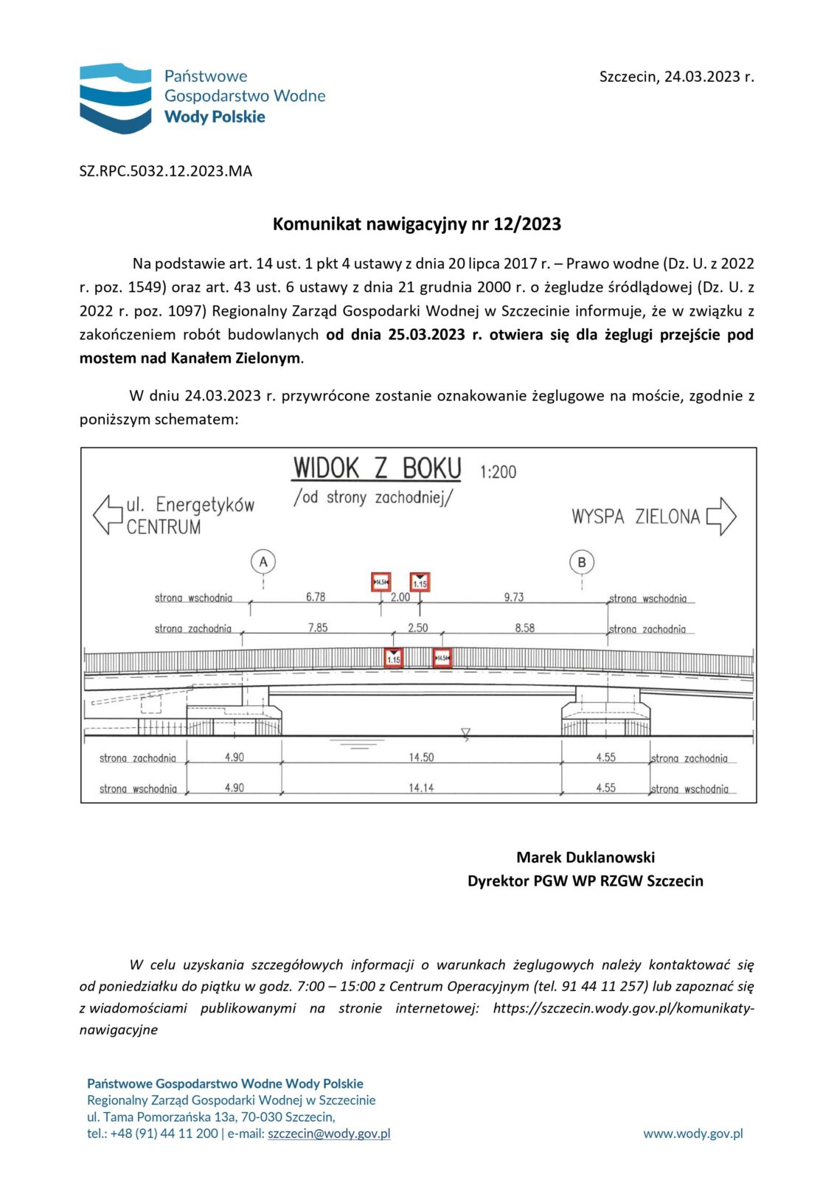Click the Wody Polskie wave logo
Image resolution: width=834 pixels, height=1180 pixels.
point(115,98)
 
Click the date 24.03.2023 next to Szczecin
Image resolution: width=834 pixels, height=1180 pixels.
point(701,77)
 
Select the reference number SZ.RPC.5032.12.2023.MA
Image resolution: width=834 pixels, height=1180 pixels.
point(166,171)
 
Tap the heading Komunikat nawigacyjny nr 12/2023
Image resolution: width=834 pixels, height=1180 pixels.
point(417,224)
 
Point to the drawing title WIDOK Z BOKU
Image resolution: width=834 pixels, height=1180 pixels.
point(377,469)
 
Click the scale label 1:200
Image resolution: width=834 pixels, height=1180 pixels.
point(498,472)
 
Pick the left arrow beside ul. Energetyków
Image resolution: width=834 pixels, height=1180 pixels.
point(108,514)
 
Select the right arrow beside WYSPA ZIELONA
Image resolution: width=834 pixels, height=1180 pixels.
point(721,516)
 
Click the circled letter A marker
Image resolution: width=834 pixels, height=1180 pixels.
point(263,562)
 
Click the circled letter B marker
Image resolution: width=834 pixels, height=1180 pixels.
point(582,563)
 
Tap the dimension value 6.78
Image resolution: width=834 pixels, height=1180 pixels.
point(316,597)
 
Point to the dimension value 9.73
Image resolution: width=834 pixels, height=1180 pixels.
point(514,597)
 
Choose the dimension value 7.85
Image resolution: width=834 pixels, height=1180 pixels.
point(318,628)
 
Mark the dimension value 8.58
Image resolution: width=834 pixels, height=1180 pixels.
point(525,628)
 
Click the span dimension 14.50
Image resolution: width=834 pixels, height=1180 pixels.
point(422,757)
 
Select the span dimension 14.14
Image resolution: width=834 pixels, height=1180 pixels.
point(422,788)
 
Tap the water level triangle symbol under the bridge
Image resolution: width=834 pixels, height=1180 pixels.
point(465,733)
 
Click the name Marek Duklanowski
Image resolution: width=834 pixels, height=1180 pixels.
point(585,857)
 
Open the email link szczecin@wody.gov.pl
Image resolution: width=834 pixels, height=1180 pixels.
point(329,1134)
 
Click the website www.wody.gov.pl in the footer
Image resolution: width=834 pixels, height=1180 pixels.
point(693,1134)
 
